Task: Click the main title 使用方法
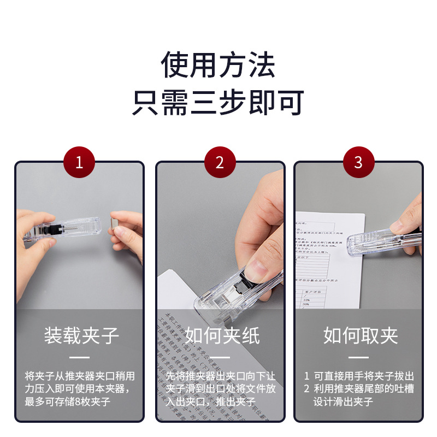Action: pos(218,64)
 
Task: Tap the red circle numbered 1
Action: pos(79,162)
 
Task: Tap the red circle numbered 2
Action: pos(220,162)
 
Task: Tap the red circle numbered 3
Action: pos(358,162)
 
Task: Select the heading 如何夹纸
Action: pos(221,335)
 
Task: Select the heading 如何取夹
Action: pos(360,335)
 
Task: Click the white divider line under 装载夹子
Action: pos(80,358)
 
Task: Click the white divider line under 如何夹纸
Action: pos(220,358)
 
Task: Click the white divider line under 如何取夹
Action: pos(359,358)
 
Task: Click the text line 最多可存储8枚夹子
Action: pos(68,402)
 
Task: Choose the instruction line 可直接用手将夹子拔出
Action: pos(363,376)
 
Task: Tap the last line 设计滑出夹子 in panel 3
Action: pos(343,402)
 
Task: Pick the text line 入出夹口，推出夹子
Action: pos(211,402)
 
